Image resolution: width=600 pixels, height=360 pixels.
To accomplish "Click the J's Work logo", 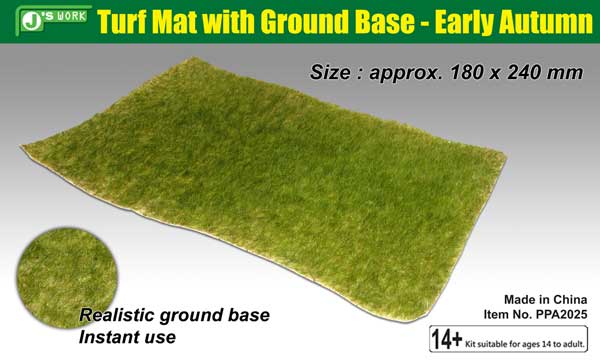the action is (x=54, y=20).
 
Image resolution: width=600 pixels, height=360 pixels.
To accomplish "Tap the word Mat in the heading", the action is (x=175, y=22).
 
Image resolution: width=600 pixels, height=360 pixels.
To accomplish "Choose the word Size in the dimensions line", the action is (x=329, y=72).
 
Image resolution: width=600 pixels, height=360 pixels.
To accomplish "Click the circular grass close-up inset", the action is (x=67, y=277).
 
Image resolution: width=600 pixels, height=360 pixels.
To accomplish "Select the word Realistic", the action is (x=116, y=315).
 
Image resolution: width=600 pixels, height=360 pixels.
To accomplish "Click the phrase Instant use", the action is (x=127, y=337).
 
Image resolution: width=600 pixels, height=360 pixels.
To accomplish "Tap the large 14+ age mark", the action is (x=447, y=339).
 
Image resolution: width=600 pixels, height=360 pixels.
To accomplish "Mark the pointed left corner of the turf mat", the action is (x=21, y=146).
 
